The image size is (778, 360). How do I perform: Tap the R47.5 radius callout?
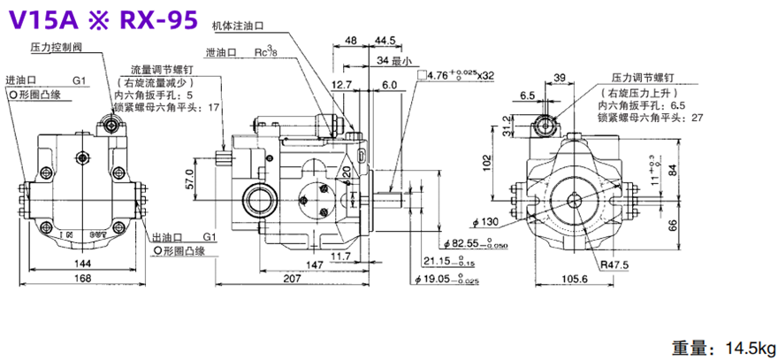pyautogui.click(x=611, y=264)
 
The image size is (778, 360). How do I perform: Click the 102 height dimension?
pyautogui.click(x=484, y=161)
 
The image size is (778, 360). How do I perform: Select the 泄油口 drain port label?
pyautogui.click(x=219, y=53)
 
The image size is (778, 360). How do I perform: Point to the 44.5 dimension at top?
pyautogui.click(x=385, y=41)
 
